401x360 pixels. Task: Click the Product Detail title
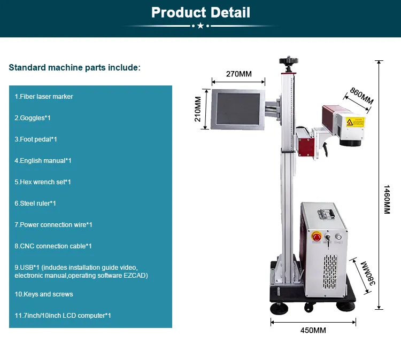coord(200,12)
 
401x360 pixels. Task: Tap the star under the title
coord(200,26)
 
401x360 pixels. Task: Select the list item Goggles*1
coord(33,118)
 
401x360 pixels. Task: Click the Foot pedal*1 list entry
coord(36,139)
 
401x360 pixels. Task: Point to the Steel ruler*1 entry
coord(35,204)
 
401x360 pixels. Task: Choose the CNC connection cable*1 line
coord(53,246)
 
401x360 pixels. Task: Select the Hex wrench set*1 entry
coord(43,182)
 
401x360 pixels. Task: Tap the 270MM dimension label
coord(238,74)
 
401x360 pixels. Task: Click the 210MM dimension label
coord(198,109)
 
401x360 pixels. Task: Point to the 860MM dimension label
coord(361,96)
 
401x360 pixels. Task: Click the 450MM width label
coord(313,331)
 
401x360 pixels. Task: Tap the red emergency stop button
coord(316,236)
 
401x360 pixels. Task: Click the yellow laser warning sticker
coord(355,122)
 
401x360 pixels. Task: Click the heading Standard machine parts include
coord(75,68)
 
